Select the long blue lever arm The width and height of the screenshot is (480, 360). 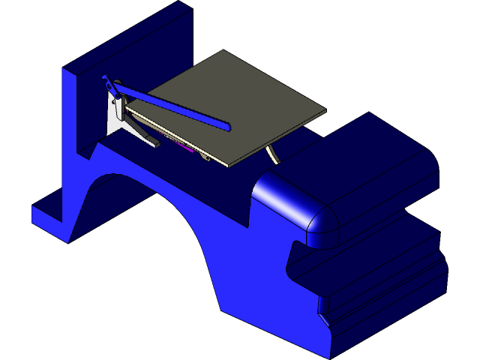click(172, 106)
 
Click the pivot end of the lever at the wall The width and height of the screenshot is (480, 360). click(106, 79)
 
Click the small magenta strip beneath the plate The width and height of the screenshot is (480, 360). click(182, 148)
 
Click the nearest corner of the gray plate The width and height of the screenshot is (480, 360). click(226, 164)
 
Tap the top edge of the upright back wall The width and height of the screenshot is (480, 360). click(127, 37)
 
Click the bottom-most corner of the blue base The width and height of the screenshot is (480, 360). click(330, 355)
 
